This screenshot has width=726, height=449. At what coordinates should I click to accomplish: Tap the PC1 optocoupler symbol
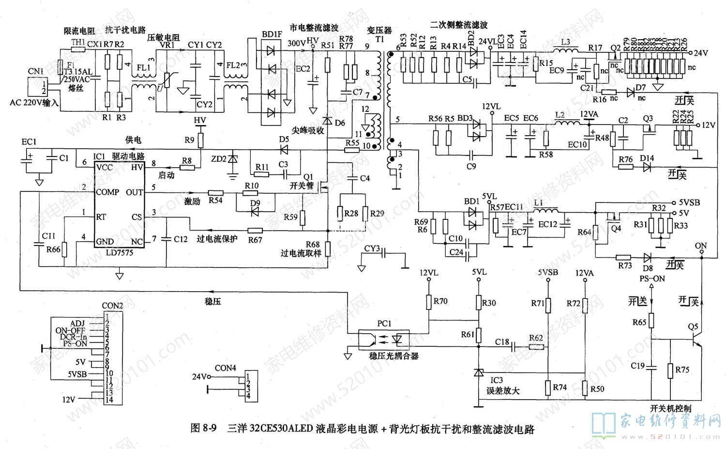pyautogui.click(x=384, y=339)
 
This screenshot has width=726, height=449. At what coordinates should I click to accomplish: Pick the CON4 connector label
pyautogui.click(x=225, y=368)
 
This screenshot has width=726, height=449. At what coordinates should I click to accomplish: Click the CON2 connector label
pyautogui.click(x=112, y=306)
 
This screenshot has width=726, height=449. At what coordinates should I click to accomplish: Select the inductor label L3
pyautogui.click(x=565, y=42)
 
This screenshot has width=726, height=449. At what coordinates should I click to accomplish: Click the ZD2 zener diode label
pyautogui.click(x=219, y=159)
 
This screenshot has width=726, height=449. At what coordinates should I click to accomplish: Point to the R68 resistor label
pyautogui.click(x=313, y=245)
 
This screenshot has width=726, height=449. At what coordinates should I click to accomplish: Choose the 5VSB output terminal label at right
pyautogui.click(x=689, y=202)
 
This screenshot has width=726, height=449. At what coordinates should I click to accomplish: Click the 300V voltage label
pyautogui.click(x=296, y=43)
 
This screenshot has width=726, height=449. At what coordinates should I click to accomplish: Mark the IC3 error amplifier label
pyautogui.click(x=497, y=380)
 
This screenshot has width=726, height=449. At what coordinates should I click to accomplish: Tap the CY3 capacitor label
pyautogui.click(x=372, y=248)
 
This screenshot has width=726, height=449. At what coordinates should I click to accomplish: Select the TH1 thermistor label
pyautogui.click(x=78, y=43)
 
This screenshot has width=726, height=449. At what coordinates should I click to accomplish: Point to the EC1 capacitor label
pyautogui.click(x=29, y=141)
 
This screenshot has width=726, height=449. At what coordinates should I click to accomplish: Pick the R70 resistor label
pyautogui.click(x=440, y=301)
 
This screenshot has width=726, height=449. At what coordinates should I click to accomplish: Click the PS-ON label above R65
pyautogui.click(x=652, y=279)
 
